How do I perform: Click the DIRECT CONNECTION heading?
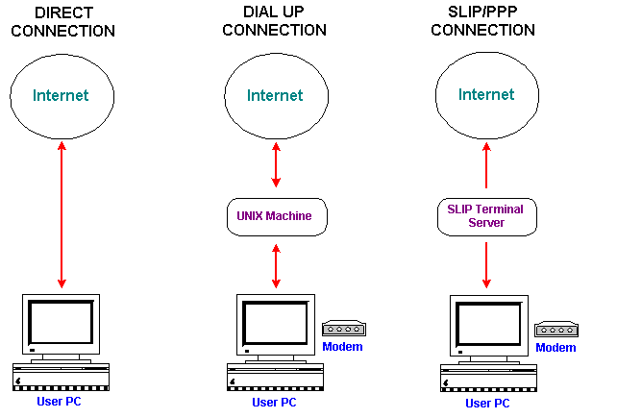[62, 21]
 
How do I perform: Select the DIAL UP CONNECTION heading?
[274, 21]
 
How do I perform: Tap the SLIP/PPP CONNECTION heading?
[482, 21]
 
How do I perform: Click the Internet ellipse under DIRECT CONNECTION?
[62, 96]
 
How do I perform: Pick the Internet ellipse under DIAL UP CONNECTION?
[275, 96]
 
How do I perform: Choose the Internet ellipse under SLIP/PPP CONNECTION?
[486, 96]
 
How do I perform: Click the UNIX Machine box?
[276, 216]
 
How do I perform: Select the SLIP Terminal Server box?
[486, 216]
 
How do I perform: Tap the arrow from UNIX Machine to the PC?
[276, 265]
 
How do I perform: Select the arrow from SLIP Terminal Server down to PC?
[486, 265]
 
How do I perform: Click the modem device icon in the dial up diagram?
[343, 330]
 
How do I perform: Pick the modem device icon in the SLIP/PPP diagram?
[555, 330]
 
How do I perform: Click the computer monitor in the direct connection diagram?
[62, 328]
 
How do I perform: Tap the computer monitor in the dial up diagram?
[275, 328]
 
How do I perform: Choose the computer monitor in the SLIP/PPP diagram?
[487, 328]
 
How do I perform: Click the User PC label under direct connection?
[60, 401]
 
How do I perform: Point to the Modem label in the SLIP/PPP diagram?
[555, 348]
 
